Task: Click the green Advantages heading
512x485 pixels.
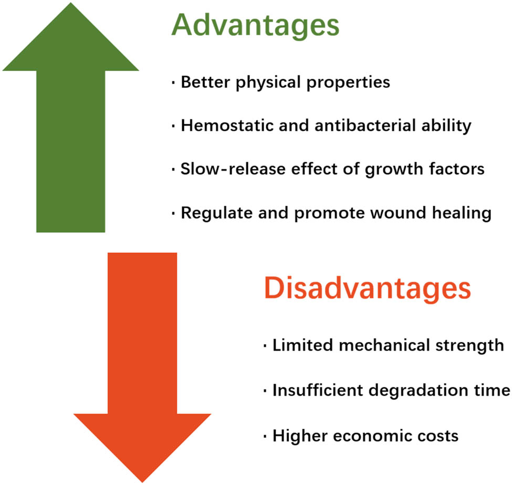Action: pos(255,26)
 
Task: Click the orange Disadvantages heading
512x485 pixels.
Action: pos(368,289)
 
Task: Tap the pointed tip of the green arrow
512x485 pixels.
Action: pos(70,3)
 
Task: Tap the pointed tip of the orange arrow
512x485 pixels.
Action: pos(142,482)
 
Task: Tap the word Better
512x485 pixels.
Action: pos(206,82)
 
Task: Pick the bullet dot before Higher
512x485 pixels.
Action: pos(265,436)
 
